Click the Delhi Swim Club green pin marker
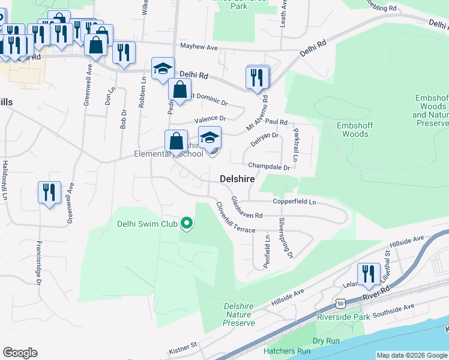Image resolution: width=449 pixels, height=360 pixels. [187, 225]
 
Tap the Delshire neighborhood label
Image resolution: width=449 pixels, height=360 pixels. [237, 179]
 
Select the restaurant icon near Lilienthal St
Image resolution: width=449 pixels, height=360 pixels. [369, 275]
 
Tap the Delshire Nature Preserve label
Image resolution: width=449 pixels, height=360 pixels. [238, 314]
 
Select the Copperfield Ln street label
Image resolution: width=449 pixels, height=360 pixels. [294, 202]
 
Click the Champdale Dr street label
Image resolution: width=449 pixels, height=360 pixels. [270, 166]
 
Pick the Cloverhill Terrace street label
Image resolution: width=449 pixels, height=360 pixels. [235, 217]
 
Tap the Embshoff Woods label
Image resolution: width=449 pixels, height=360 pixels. [355, 130]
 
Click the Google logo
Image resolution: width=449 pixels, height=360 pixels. [20, 353]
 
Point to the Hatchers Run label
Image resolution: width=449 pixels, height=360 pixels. [287, 351]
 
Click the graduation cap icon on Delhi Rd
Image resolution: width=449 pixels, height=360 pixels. [163, 69]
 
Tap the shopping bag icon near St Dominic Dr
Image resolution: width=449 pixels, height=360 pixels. [179, 90]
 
